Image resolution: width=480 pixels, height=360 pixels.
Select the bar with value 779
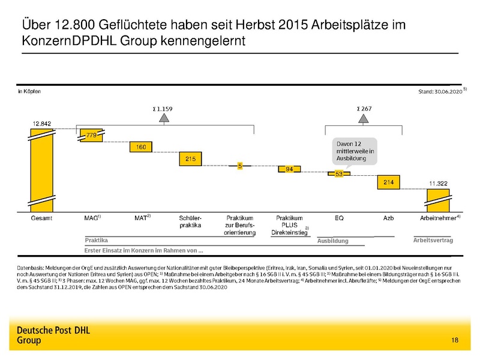coord(91,135)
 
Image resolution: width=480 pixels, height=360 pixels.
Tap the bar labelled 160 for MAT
coord(141,146)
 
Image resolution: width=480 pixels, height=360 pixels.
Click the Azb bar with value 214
coord(388,182)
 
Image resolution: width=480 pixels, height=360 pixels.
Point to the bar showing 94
coord(289,169)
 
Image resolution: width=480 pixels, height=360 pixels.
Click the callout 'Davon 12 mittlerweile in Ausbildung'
coord(354,151)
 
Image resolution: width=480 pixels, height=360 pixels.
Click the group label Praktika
coord(97,240)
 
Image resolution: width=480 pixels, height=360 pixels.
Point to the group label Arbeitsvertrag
coord(433,240)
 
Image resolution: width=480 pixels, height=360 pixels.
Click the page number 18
coord(454,341)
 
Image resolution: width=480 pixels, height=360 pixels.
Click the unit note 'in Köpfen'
coord(28,92)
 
